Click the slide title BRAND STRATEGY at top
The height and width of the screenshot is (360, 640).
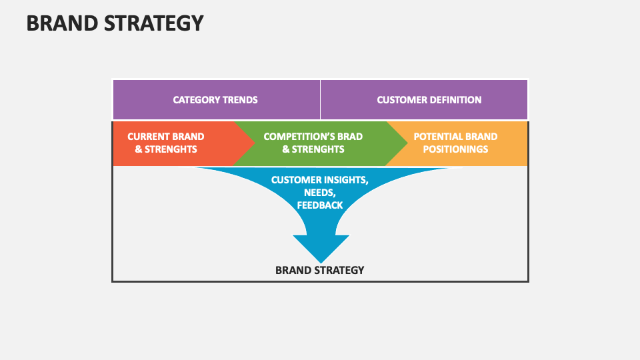coord(115,23)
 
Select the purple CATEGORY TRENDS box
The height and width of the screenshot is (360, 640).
coord(215,100)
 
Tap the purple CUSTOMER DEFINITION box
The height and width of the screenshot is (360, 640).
coord(429,100)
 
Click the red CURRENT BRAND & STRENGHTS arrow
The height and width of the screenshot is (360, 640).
coord(167,143)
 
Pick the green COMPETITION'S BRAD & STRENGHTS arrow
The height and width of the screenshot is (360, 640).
coord(313,143)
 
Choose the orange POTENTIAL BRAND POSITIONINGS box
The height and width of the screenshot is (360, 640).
coord(455,143)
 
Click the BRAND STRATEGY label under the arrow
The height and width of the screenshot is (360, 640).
coord(320,270)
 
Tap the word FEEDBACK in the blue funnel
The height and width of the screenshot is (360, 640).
coord(320,205)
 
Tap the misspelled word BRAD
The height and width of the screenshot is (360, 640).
coord(350,137)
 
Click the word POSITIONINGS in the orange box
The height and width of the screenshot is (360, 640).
coord(455,149)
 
